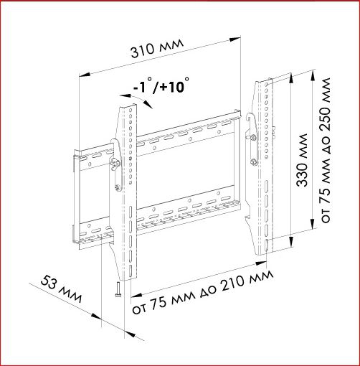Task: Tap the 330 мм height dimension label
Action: pos(302,160)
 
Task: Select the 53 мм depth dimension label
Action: pos(61,289)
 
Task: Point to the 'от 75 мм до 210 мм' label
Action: pos(203,292)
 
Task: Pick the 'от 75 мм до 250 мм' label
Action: pos(326,150)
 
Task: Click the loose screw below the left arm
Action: pos(118,289)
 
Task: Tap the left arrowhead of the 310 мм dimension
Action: pos(85,75)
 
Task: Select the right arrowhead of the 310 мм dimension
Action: pos(235,39)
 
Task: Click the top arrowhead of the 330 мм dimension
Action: pos(291,78)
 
